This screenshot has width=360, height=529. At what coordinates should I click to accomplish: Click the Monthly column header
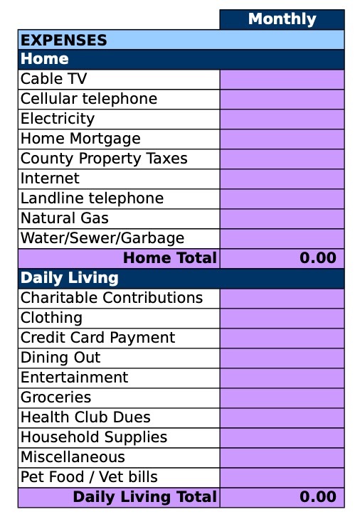click(x=282, y=19)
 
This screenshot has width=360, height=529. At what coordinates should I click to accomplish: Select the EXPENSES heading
click(x=64, y=40)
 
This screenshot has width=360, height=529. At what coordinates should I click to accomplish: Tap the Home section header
click(x=45, y=59)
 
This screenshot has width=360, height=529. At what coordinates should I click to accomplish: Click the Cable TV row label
click(x=54, y=79)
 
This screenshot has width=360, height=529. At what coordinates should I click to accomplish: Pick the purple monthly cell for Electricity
click(x=282, y=119)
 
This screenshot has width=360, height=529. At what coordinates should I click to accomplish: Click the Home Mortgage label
click(x=80, y=139)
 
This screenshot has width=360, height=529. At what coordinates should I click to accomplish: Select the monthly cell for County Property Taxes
click(x=282, y=159)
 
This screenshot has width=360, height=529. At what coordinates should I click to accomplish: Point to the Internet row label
click(x=50, y=178)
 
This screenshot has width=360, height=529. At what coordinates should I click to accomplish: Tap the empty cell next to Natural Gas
click(x=282, y=218)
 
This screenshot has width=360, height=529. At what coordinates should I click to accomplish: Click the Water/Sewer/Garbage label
click(x=102, y=238)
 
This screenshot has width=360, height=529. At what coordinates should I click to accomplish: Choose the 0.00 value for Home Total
click(x=317, y=258)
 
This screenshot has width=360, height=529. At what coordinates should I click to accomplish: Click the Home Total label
click(x=169, y=258)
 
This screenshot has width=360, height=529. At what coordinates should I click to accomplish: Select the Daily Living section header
click(x=69, y=277)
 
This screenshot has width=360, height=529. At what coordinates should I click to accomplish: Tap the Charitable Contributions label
click(x=112, y=298)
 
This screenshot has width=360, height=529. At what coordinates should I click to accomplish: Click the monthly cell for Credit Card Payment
click(x=282, y=338)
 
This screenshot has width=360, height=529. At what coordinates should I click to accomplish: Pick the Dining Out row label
click(x=60, y=358)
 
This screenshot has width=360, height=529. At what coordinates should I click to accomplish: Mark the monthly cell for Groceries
click(x=282, y=397)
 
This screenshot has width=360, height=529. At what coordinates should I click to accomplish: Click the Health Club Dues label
click(x=85, y=417)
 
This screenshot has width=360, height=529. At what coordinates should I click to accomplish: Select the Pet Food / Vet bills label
click(x=89, y=477)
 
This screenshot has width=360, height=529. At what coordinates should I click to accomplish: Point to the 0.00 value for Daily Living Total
click(x=317, y=497)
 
